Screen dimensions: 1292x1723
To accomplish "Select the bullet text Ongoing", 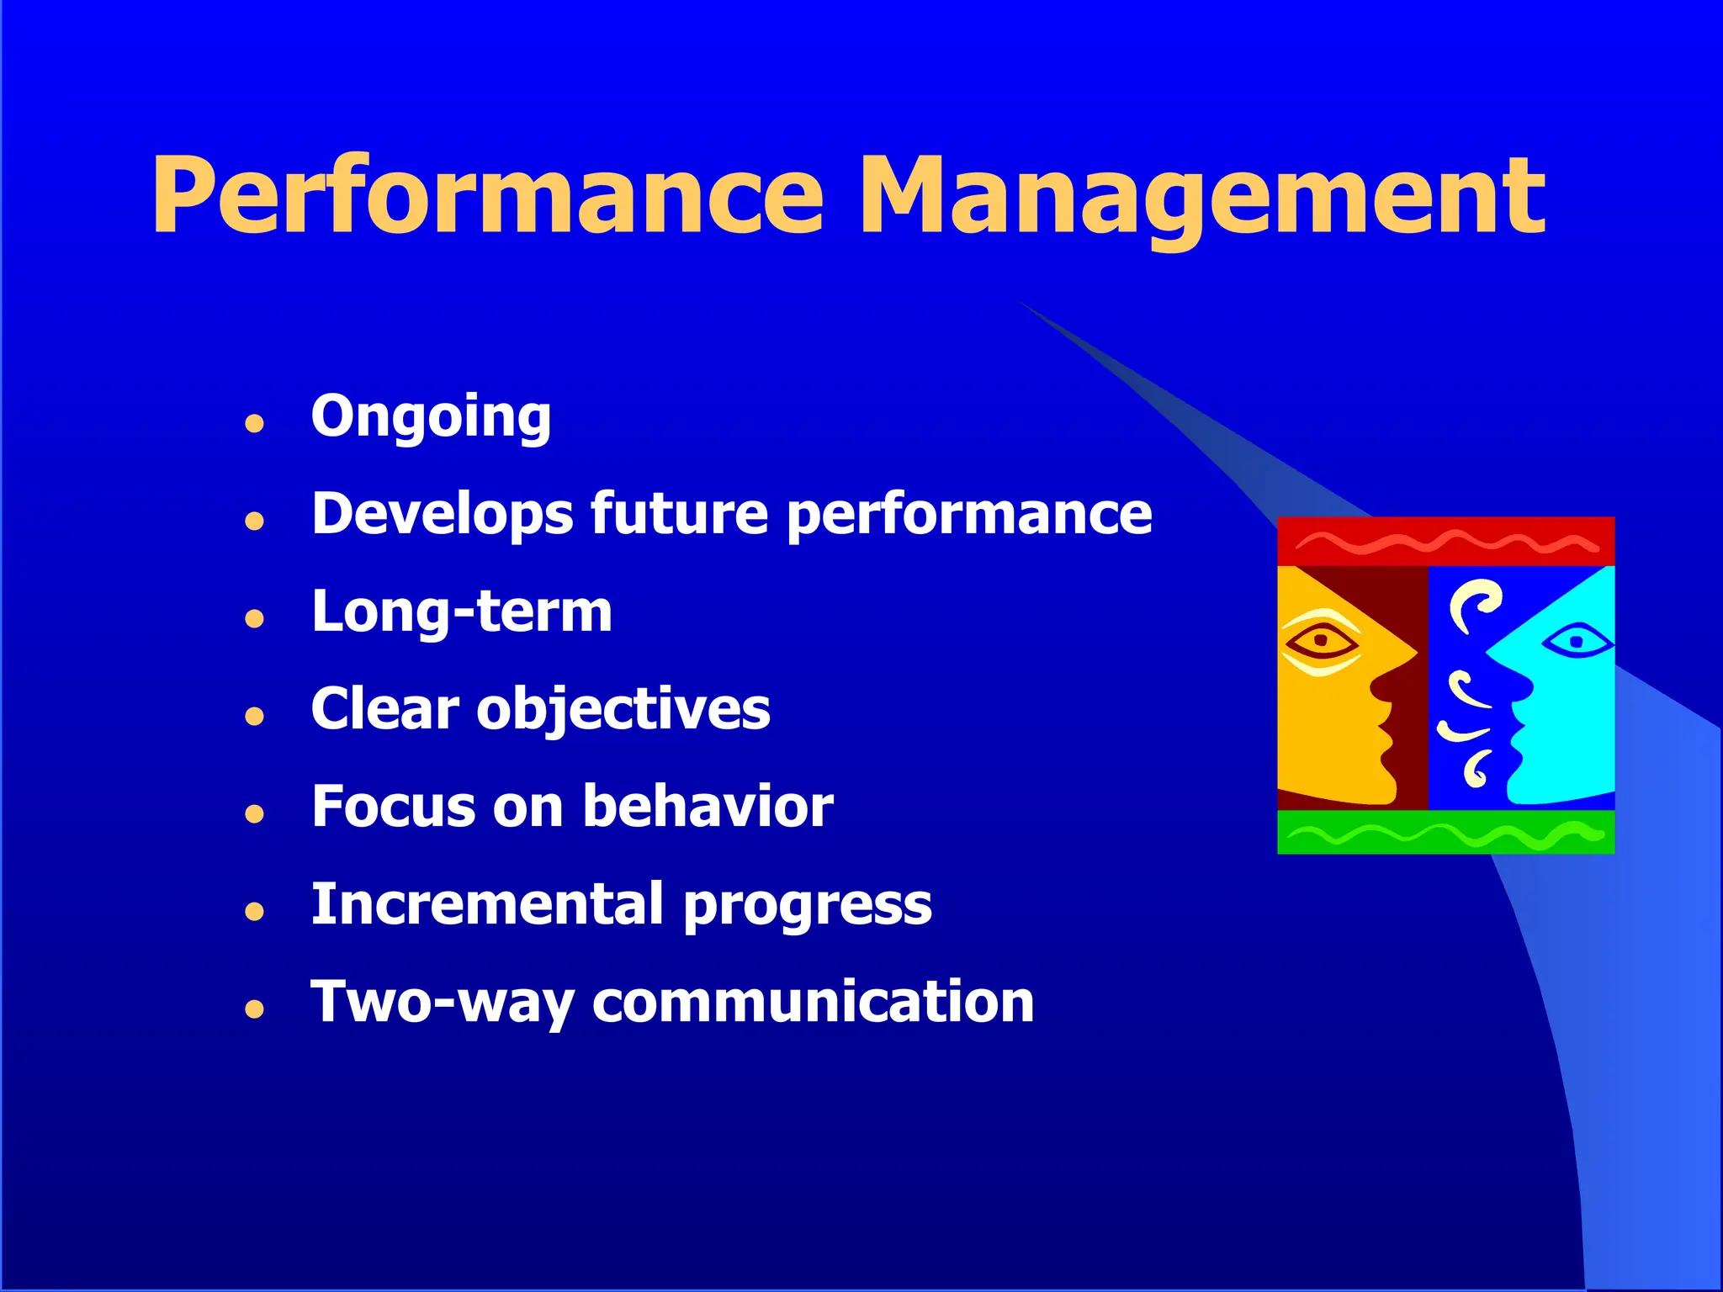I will (431, 416).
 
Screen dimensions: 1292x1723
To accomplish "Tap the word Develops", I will (443, 514).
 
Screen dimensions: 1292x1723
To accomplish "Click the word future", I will (679, 514).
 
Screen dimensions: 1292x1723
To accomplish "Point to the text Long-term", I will (461, 612).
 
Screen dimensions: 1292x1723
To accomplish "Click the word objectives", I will (623, 709).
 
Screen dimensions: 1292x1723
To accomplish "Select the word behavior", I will (708, 807).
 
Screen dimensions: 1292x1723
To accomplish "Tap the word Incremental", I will (488, 904).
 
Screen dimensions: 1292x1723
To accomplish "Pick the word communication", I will (813, 1002).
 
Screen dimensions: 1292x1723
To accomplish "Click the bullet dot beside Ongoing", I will (255, 423).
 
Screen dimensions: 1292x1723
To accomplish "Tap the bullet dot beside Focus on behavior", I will (255, 813).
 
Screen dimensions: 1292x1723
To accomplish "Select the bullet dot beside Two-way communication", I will (255, 1009).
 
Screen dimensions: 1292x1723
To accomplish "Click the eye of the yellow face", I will (1321, 642).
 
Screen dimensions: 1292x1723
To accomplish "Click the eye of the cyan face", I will (1577, 643).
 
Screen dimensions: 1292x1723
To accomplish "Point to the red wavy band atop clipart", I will (1445, 542).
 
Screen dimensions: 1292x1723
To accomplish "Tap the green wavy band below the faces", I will (1445, 834).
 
